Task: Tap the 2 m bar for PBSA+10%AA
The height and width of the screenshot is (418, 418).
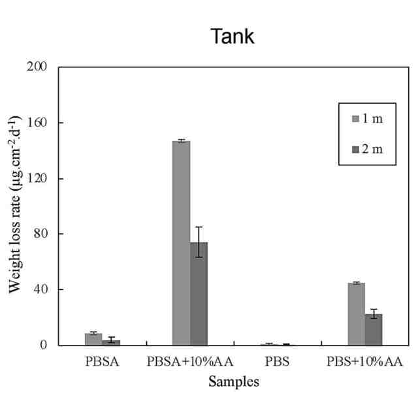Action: [199, 294]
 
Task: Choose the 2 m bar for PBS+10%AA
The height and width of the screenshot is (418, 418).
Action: [374, 329]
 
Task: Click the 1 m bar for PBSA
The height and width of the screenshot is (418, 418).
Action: [93, 339]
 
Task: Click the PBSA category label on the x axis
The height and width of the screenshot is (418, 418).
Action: [102, 361]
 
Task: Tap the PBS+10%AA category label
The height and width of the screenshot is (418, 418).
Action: [364, 361]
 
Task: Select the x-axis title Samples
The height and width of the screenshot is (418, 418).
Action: [234, 382]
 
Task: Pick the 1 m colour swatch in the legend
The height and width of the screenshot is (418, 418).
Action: [356, 119]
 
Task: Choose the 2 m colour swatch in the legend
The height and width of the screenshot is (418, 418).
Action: [356, 150]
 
